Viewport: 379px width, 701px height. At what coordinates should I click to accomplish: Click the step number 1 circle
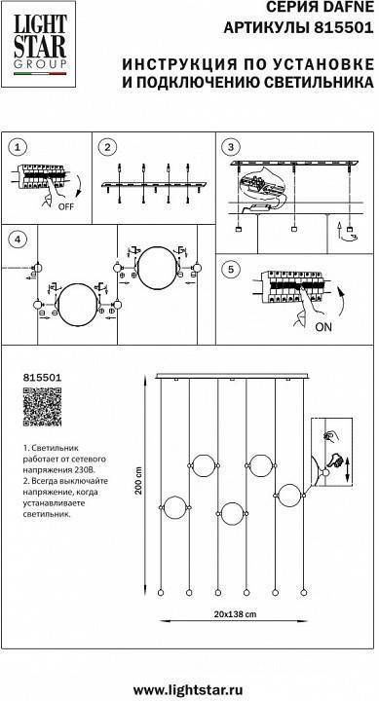pyautogui.click(x=14, y=147)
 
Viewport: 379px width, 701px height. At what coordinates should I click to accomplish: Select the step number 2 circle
pyautogui.click(x=110, y=147)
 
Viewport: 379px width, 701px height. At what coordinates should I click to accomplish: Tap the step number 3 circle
pyautogui.click(x=230, y=147)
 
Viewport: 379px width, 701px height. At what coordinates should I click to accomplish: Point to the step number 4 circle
pyautogui.click(x=14, y=240)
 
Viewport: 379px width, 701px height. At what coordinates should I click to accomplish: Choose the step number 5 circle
pyautogui.click(x=230, y=269)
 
